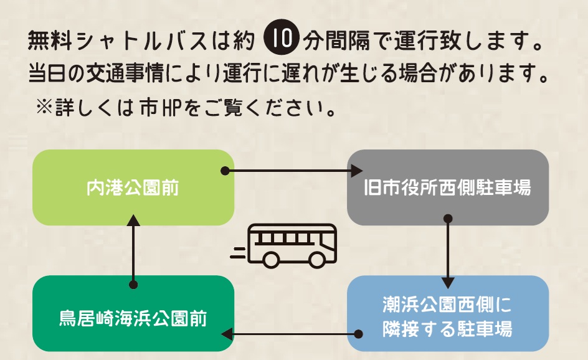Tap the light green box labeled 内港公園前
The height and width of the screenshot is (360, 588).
tap(133, 187)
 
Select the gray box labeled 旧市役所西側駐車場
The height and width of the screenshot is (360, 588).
tap(447, 187)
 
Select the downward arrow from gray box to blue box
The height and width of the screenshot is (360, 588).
tap(447, 249)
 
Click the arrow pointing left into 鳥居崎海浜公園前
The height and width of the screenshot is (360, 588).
tap(290, 334)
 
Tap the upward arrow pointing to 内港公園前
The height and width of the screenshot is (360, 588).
tap(133, 249)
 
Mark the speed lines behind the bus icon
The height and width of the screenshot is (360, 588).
tap(237, 252)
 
